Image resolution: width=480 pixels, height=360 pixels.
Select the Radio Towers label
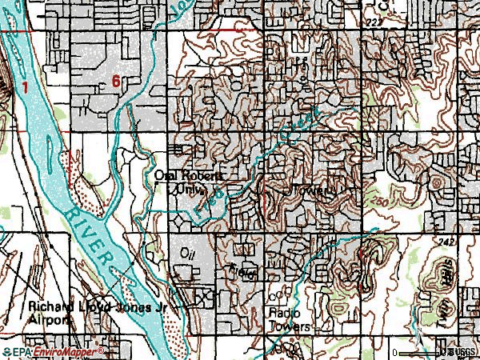pos(289,319)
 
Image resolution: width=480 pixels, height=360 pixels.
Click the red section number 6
pos(117,81)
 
